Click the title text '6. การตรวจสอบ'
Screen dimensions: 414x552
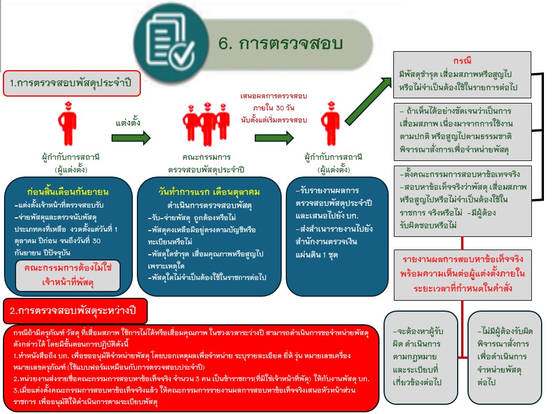click(x=281, y=44)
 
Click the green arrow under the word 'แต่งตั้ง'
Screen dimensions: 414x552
click(x=132, y=139)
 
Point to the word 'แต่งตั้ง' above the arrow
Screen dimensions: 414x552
click(x=128, y=122)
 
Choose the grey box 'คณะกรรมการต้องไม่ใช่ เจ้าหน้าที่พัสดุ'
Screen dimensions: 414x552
click(x=67, y=274)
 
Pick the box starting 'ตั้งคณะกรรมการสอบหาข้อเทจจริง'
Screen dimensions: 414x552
click(x=462, y=198)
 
